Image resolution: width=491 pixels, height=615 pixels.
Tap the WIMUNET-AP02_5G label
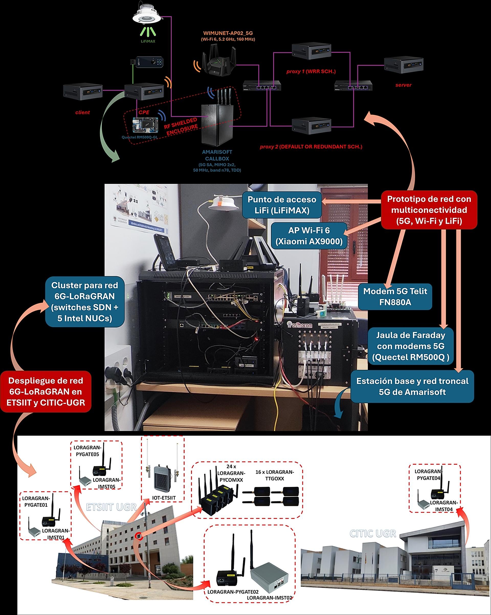click(x=228, y=33)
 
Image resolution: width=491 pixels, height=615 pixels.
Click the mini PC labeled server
click(x=403, y=65)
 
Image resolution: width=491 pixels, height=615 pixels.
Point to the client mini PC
click(x=83, y=92)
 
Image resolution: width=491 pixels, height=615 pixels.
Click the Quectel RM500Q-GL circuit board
click(x=145, y=125)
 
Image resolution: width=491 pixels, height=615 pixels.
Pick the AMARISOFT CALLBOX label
click(x=217, y=155)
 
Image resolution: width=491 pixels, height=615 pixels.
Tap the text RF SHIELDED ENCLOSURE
click(x=181, y=127)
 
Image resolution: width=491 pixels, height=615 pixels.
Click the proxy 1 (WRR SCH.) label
click(x=311, y=72)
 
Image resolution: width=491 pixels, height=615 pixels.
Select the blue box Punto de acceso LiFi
click(x=282, y=205)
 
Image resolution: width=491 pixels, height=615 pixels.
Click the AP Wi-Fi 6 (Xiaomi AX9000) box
click(x=309, y=236)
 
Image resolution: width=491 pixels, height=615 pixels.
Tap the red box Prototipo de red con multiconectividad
click(x=429, y=210)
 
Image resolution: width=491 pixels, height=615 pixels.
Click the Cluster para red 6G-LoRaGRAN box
click(x=84, y=302)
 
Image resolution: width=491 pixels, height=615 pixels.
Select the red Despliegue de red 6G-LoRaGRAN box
click(x=46, y=391)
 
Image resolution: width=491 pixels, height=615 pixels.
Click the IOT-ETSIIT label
click(x=164, y=498)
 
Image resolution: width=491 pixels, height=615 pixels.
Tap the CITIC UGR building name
click(x=373, y=533)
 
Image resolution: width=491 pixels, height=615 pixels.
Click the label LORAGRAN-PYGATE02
click(x=233, y=592)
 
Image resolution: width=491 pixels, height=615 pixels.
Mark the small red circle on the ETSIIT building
click(x=139, y=537)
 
